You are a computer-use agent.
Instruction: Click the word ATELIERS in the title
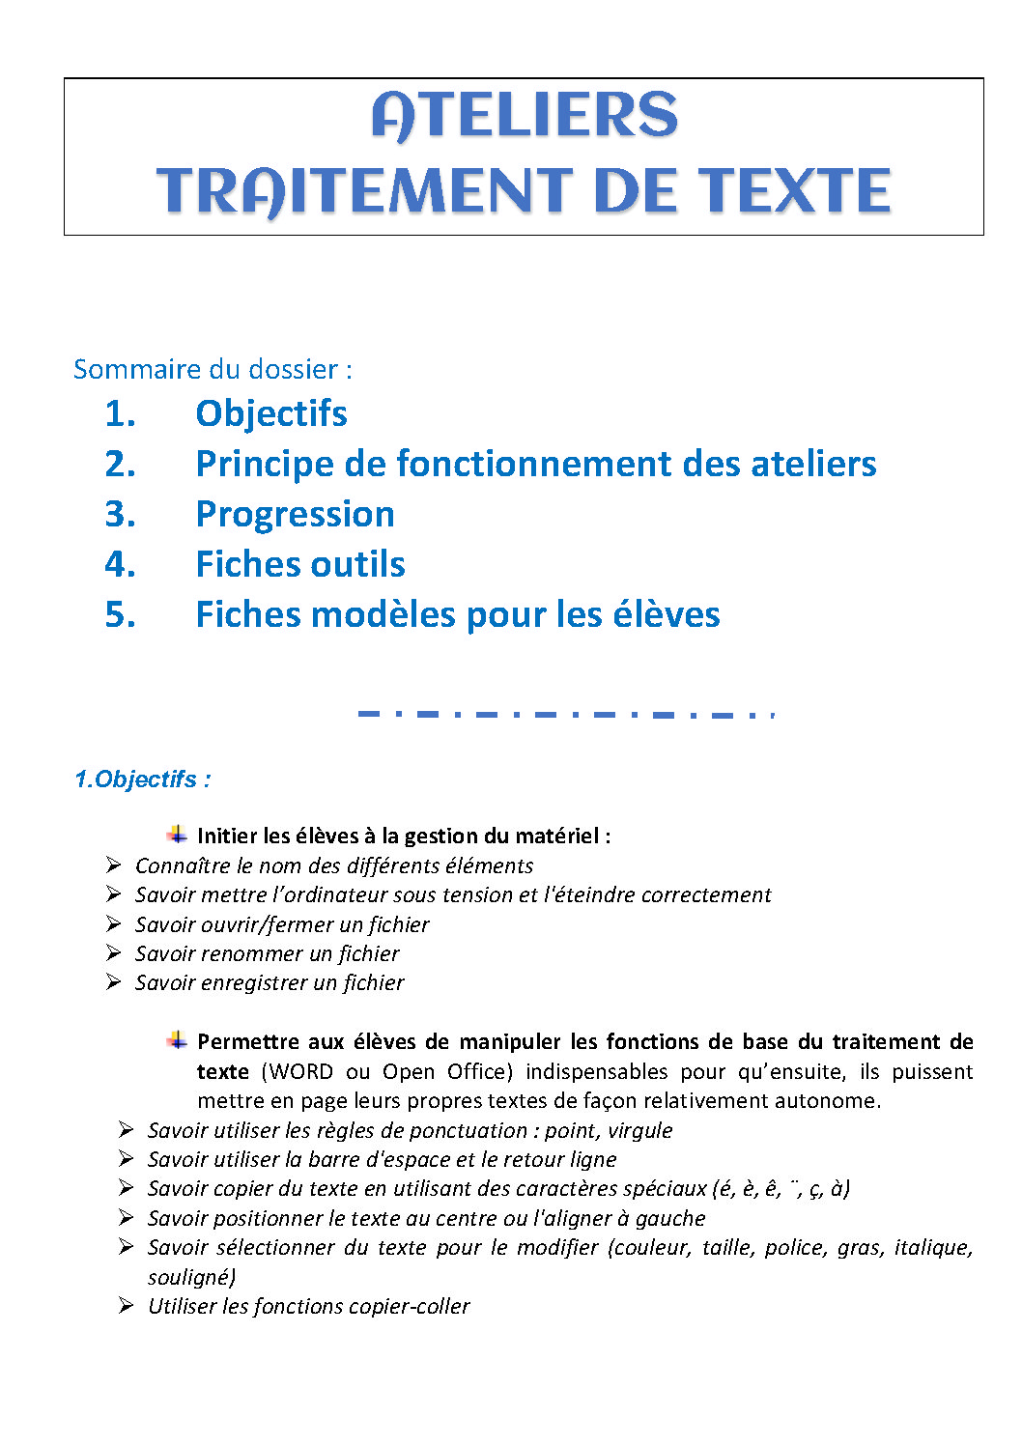point(525,116)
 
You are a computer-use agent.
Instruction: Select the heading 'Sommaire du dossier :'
point(213,369)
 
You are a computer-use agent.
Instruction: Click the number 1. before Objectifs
point(120,413)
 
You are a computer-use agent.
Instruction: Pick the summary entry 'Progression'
point(295,514)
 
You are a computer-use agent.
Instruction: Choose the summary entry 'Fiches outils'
point(300,564)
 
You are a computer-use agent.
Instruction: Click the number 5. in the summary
point(120,614)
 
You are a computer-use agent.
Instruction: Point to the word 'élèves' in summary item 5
point(670,614)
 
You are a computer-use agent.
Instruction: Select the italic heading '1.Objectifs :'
point(143,780)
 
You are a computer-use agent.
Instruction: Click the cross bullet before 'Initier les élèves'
point(177,835)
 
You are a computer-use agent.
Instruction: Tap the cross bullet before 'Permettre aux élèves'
point(177,1040)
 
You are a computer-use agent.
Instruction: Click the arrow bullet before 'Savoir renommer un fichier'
point(114,953)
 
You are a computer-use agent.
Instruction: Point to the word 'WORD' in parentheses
point(300,1071)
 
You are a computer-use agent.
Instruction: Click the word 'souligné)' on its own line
point(191,1277)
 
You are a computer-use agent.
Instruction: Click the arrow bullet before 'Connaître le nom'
point(114,865)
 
